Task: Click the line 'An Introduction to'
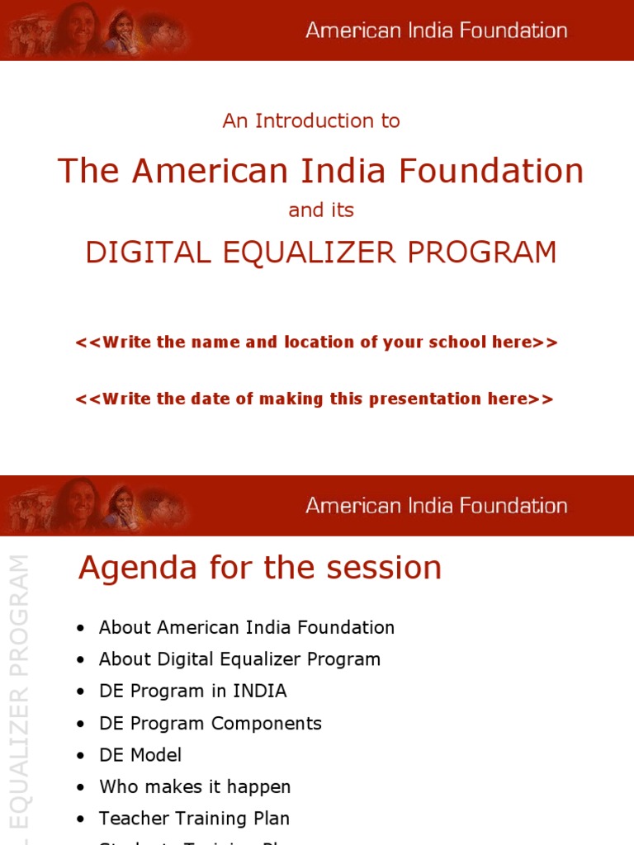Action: pyautogui.click(x=311, y=120)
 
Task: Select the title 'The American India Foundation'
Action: pyautogui.click(x=320, y=171)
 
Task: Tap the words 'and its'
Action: pyautogui.click(x=321, y=210)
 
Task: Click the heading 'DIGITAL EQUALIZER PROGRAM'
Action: pyautogui.click(x=321, y=253)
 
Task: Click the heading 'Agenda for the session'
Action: pyautogui.click(x=260, y=568)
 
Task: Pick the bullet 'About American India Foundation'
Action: pyautogui.click(x=246, y=627)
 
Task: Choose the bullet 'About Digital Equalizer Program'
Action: pyautogui.click(x=239, y=659)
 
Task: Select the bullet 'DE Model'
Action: pyautogui.click(x=140, y=755)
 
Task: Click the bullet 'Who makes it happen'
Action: pyautogui.click(x=195, y=787)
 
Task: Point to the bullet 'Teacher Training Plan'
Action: pyautogui.click(x=194, y=819)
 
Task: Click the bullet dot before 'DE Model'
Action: pyautogui.click(x=80, y=756)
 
